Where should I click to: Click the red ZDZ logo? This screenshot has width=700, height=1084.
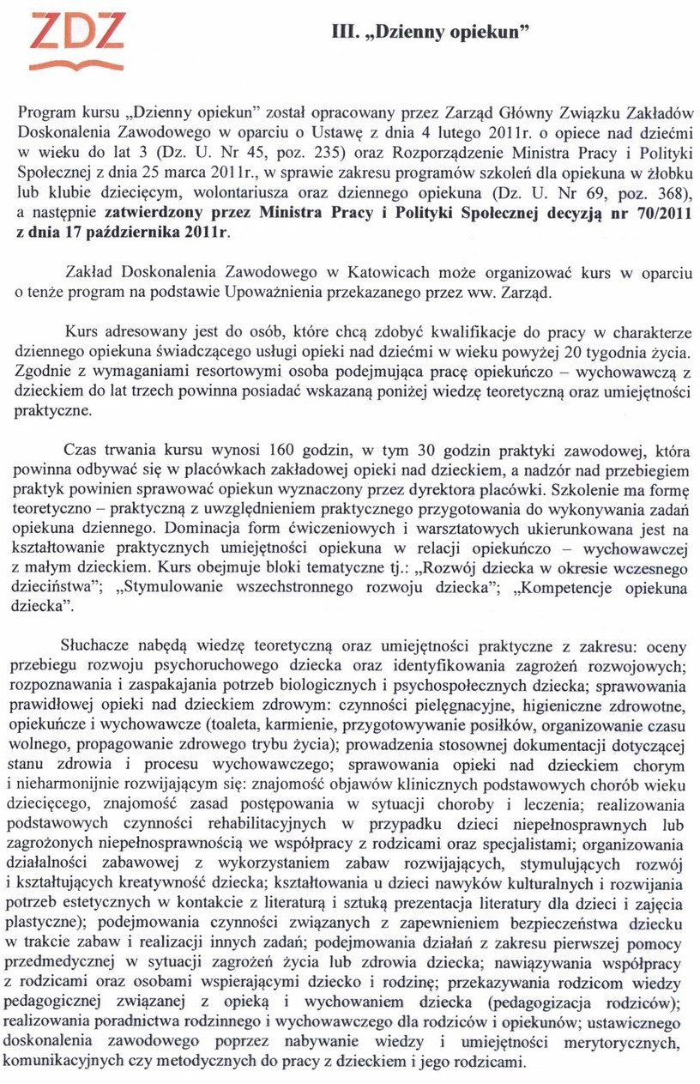click(x=77, y=40)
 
